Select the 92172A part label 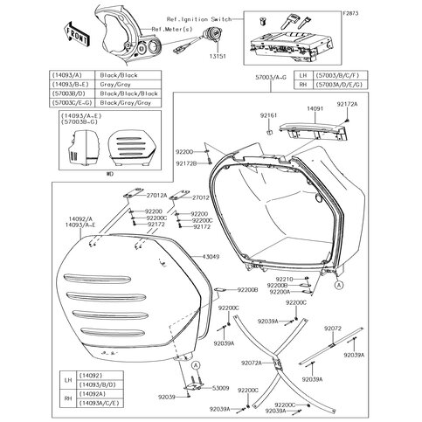tap(371, 104)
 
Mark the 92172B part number tap(197, 163)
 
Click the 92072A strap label tap(250, 362)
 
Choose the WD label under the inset tap(109, 173)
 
